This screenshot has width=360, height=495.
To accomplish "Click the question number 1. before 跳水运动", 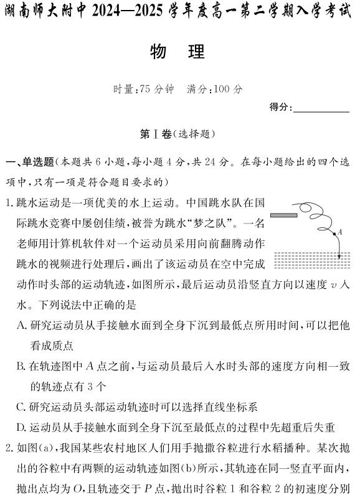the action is [9, 204].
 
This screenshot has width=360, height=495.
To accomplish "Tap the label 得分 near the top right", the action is [280, 107].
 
